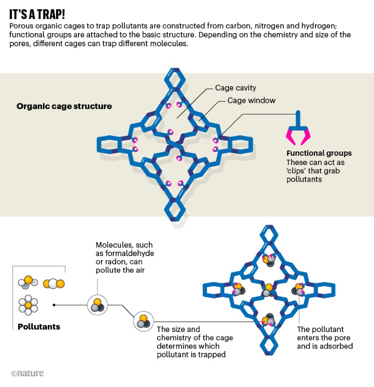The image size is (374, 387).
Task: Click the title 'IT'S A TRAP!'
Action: (x=45, y=13)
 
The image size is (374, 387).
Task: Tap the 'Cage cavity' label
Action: (x=236, y=88)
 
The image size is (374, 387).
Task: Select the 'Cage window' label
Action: (x=251, y=101)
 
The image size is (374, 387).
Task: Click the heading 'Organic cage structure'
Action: (x=64, y=106)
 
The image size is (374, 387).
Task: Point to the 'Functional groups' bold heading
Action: (x=319, y=153)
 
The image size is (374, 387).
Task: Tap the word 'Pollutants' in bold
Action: (x=39, y=326)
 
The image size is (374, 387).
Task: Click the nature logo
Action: (x=27, y=373)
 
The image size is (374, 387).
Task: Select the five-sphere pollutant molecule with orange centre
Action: (x=28, y=305)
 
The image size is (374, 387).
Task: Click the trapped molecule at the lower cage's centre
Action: (x=266, y=293)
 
